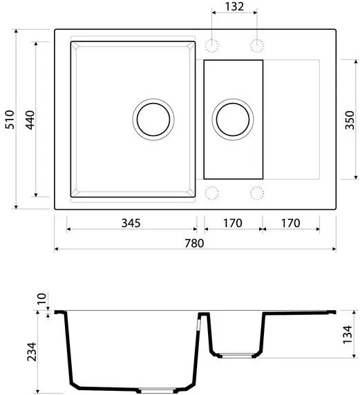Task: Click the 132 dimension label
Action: (x=234, y=6)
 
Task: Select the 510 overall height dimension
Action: (x=10, y=119)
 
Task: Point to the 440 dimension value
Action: (x=30, y=120)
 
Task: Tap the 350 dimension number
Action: (x=350, y=120)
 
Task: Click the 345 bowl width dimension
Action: (x=131, y=223)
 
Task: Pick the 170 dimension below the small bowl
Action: (x=233, y=223)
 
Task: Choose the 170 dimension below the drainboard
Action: (x=291, y=223)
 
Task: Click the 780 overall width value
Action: (x=194, y=243)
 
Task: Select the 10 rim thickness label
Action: (x=42, y=298)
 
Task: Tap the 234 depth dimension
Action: (x=32, y=352)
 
